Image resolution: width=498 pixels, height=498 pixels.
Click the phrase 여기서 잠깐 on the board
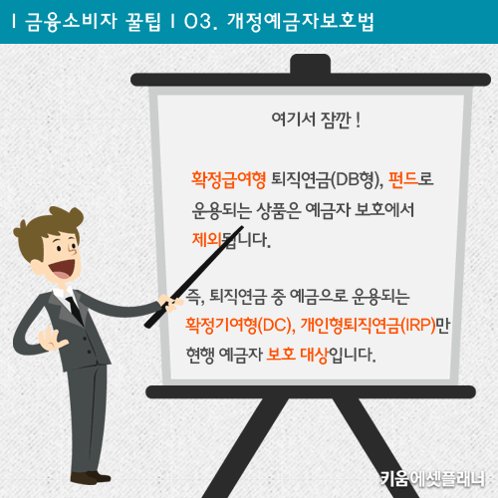coord(311,120)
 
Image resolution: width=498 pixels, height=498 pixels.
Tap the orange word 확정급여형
coord(228,180)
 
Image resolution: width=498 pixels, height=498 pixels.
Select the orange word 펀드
coord(402,179)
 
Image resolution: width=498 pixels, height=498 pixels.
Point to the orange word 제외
coord(207,239)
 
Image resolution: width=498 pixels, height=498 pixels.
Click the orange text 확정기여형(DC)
coord(239,326)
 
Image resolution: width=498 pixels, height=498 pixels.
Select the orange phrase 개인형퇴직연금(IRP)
coord(368,326)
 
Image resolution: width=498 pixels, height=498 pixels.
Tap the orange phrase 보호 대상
coord(297,355)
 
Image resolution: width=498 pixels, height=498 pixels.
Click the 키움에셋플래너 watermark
coord(432,478)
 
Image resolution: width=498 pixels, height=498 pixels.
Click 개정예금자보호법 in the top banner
coord(301,22)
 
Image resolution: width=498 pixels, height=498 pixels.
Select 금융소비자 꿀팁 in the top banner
coord(93,22)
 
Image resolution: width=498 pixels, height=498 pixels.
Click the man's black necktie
coord(75,310)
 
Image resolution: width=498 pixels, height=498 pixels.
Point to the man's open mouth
coord(63,268)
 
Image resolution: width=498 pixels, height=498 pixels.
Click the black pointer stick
coord(194,277)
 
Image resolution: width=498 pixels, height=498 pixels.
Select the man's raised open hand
coord(53,339)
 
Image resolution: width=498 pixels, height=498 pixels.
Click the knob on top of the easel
coord(311,64)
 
